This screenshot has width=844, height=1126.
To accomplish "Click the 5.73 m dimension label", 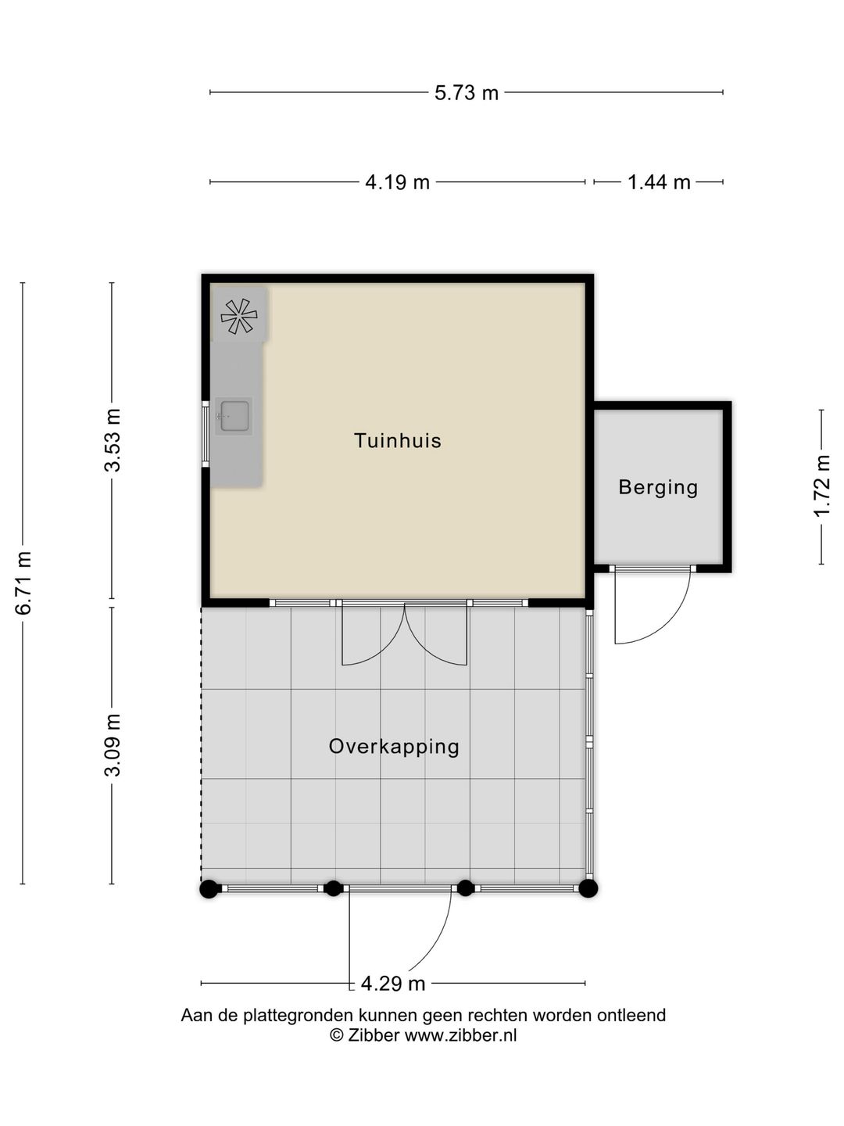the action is point(467,93).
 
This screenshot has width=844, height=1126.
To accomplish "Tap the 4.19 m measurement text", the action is point(397,182).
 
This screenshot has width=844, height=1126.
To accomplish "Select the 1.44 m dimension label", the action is point(659,182).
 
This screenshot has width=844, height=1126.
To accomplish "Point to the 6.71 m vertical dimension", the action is point(23,583).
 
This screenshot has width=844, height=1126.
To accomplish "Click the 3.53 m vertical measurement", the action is point(113,440).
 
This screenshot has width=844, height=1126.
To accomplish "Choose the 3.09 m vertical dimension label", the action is point(113,745).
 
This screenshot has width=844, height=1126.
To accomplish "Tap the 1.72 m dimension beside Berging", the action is point(821,486).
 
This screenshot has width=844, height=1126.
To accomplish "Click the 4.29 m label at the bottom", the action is point(393,984).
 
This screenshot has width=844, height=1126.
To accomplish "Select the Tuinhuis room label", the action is point(398,441).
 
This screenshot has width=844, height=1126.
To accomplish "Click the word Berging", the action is point(658,487).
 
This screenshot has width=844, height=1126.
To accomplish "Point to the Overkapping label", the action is point(394,747).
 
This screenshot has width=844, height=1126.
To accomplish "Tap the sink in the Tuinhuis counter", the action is point(234,415).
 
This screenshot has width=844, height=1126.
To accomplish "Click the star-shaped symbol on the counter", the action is point(239,316).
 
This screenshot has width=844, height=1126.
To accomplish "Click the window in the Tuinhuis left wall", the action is point(206,434).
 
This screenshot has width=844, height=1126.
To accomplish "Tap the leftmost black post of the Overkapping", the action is point(209,888).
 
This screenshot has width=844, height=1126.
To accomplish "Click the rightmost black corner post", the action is point(588,888).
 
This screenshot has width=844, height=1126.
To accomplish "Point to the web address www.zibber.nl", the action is point(461,1035).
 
